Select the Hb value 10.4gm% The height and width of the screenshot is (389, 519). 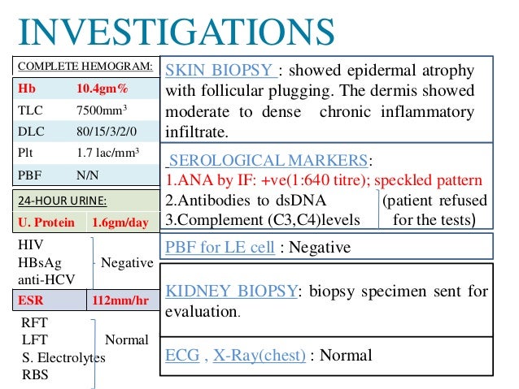tap(107, 88)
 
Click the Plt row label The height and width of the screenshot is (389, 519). tap(27, 152)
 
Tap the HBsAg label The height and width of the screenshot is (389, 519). tap(40, 262)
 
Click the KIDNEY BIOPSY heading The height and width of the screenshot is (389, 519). tap(228, 291)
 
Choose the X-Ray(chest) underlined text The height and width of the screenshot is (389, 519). tap(259, 355)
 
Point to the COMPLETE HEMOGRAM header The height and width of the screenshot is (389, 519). tap(85, 65)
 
